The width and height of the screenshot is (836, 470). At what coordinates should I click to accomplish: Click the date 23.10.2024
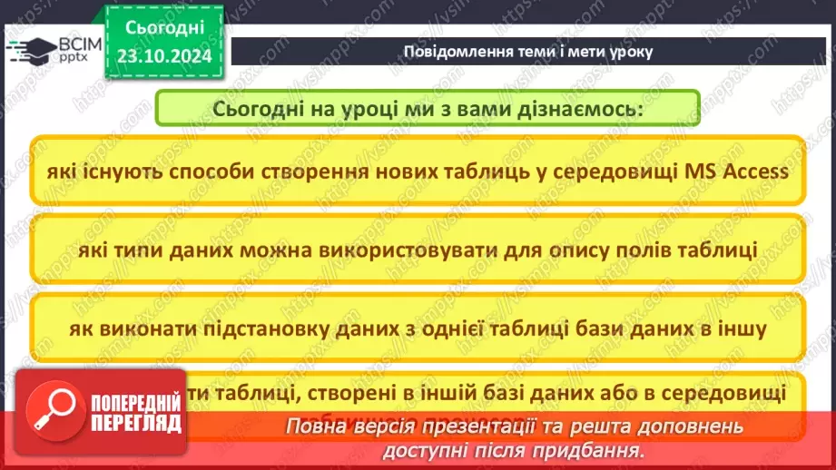pyautogui.click(x=164, y=56)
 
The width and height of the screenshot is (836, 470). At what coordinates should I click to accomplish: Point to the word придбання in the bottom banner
pyautogui.click(x=593, y=449)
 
